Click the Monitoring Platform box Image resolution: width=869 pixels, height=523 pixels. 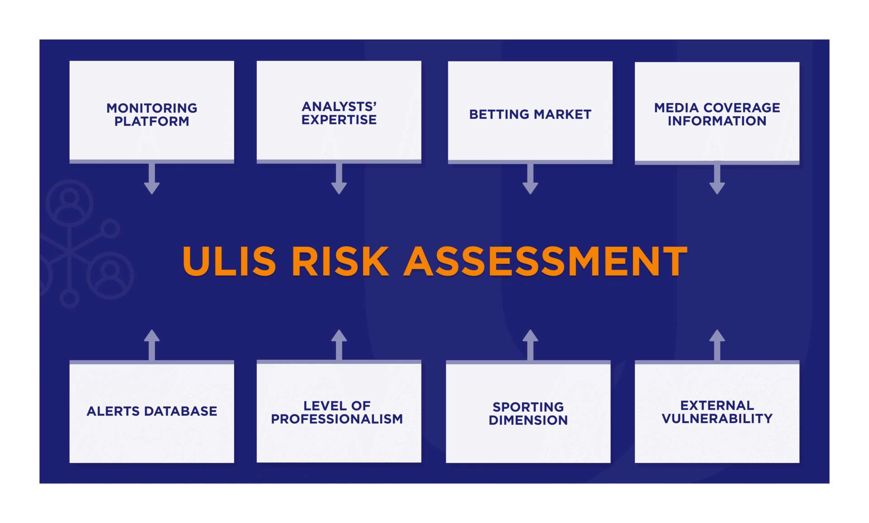coord(152,111)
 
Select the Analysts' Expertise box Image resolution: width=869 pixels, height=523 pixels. coord(339,111)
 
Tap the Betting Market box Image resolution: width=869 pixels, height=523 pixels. coord(530,111)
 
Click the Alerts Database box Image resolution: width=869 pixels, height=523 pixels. coord(152,412)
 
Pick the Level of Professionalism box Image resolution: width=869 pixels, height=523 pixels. coord(339,412)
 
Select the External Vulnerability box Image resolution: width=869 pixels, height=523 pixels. coord(717,412)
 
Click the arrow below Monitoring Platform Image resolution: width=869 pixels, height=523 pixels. coord(152,179)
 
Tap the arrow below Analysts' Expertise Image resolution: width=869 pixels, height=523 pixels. coord(339,179)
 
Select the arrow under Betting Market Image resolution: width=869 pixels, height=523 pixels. coord(530,179)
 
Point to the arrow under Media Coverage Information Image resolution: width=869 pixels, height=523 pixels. coord(717,179)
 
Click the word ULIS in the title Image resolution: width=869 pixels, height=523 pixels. coord(229,261)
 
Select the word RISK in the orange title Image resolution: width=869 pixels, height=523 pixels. coord(340,261)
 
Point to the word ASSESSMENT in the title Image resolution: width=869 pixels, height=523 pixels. coord(545,261)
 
